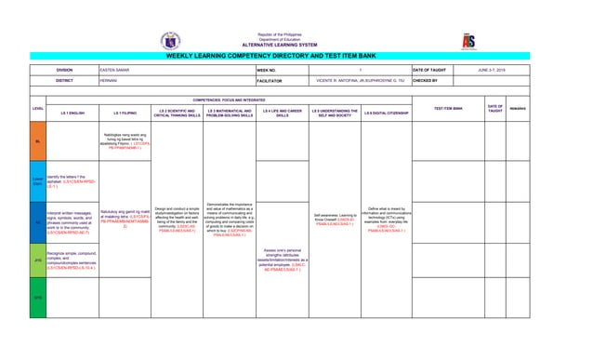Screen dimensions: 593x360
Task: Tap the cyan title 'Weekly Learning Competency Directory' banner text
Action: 296,57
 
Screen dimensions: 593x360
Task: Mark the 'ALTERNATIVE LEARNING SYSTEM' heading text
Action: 296,45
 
